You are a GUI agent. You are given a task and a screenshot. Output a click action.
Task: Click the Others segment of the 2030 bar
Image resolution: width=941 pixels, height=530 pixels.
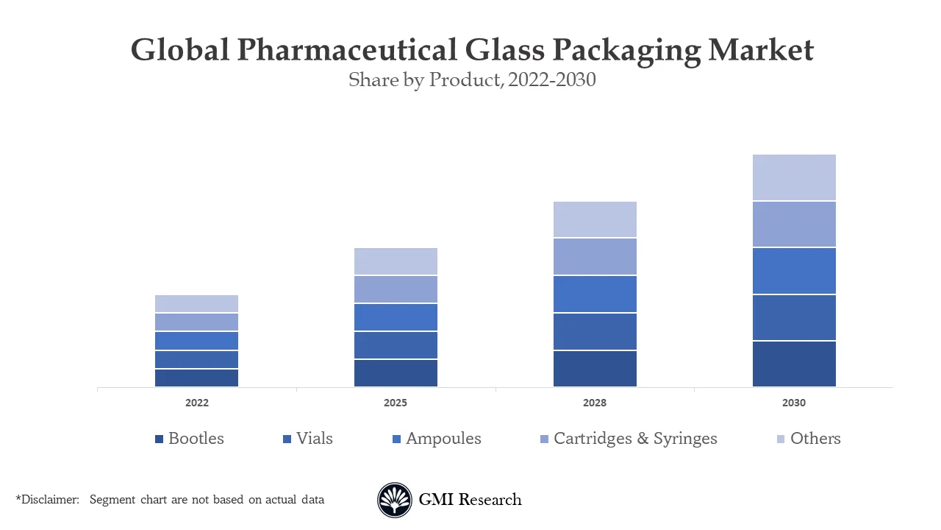[x=794, y=177]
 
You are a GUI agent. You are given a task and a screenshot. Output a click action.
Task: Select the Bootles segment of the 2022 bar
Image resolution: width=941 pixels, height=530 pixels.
[x=196, y=378]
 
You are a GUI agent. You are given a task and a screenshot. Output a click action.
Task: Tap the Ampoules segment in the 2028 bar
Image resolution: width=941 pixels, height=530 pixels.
[x=595, y=294]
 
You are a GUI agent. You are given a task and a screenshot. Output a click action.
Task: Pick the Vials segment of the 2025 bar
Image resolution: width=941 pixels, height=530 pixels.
[x=396, y=344]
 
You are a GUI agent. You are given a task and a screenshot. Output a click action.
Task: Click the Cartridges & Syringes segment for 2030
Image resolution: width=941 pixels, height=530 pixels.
[x=794, y=225]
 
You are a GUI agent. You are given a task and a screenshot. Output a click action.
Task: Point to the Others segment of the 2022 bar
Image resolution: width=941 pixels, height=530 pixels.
[x=196, y=303]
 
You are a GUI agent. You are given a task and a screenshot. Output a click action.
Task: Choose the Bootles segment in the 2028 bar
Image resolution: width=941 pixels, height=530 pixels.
[x=595, y=368]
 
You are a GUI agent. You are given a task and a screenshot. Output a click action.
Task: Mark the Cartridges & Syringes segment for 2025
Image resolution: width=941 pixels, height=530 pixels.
[x=396, y=289]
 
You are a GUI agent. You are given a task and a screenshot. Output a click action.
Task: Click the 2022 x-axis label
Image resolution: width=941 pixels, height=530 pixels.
[x=196, y=403]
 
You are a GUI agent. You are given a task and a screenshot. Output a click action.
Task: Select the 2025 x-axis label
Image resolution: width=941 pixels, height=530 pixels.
[x=396, y=403]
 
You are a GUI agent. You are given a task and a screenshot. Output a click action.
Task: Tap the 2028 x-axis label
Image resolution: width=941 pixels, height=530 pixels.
[x=595, y=403]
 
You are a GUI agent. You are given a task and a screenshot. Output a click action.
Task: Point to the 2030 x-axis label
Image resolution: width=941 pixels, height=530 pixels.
[x=794, y=403]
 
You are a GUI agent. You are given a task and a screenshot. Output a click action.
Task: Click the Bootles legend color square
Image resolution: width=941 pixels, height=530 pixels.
[x=159, y=439]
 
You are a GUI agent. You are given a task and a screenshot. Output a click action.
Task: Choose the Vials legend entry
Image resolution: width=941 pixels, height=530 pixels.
[x=314, y=439]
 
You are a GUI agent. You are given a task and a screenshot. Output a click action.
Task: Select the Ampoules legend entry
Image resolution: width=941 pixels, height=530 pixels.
[x=443, y=439]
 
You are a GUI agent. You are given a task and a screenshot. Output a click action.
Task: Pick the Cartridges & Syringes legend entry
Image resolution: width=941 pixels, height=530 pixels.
[x=634, y=439]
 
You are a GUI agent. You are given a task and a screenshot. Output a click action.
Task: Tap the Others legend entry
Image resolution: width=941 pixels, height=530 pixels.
[x=815, y=439]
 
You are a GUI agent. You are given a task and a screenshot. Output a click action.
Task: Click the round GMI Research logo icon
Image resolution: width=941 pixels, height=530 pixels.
[x=395, y=501]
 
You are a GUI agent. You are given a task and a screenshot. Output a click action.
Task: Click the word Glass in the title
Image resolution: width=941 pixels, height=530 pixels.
[x=505, y=50]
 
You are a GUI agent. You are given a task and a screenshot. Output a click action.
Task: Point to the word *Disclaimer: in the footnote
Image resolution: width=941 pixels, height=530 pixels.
[x=48, y=500]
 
